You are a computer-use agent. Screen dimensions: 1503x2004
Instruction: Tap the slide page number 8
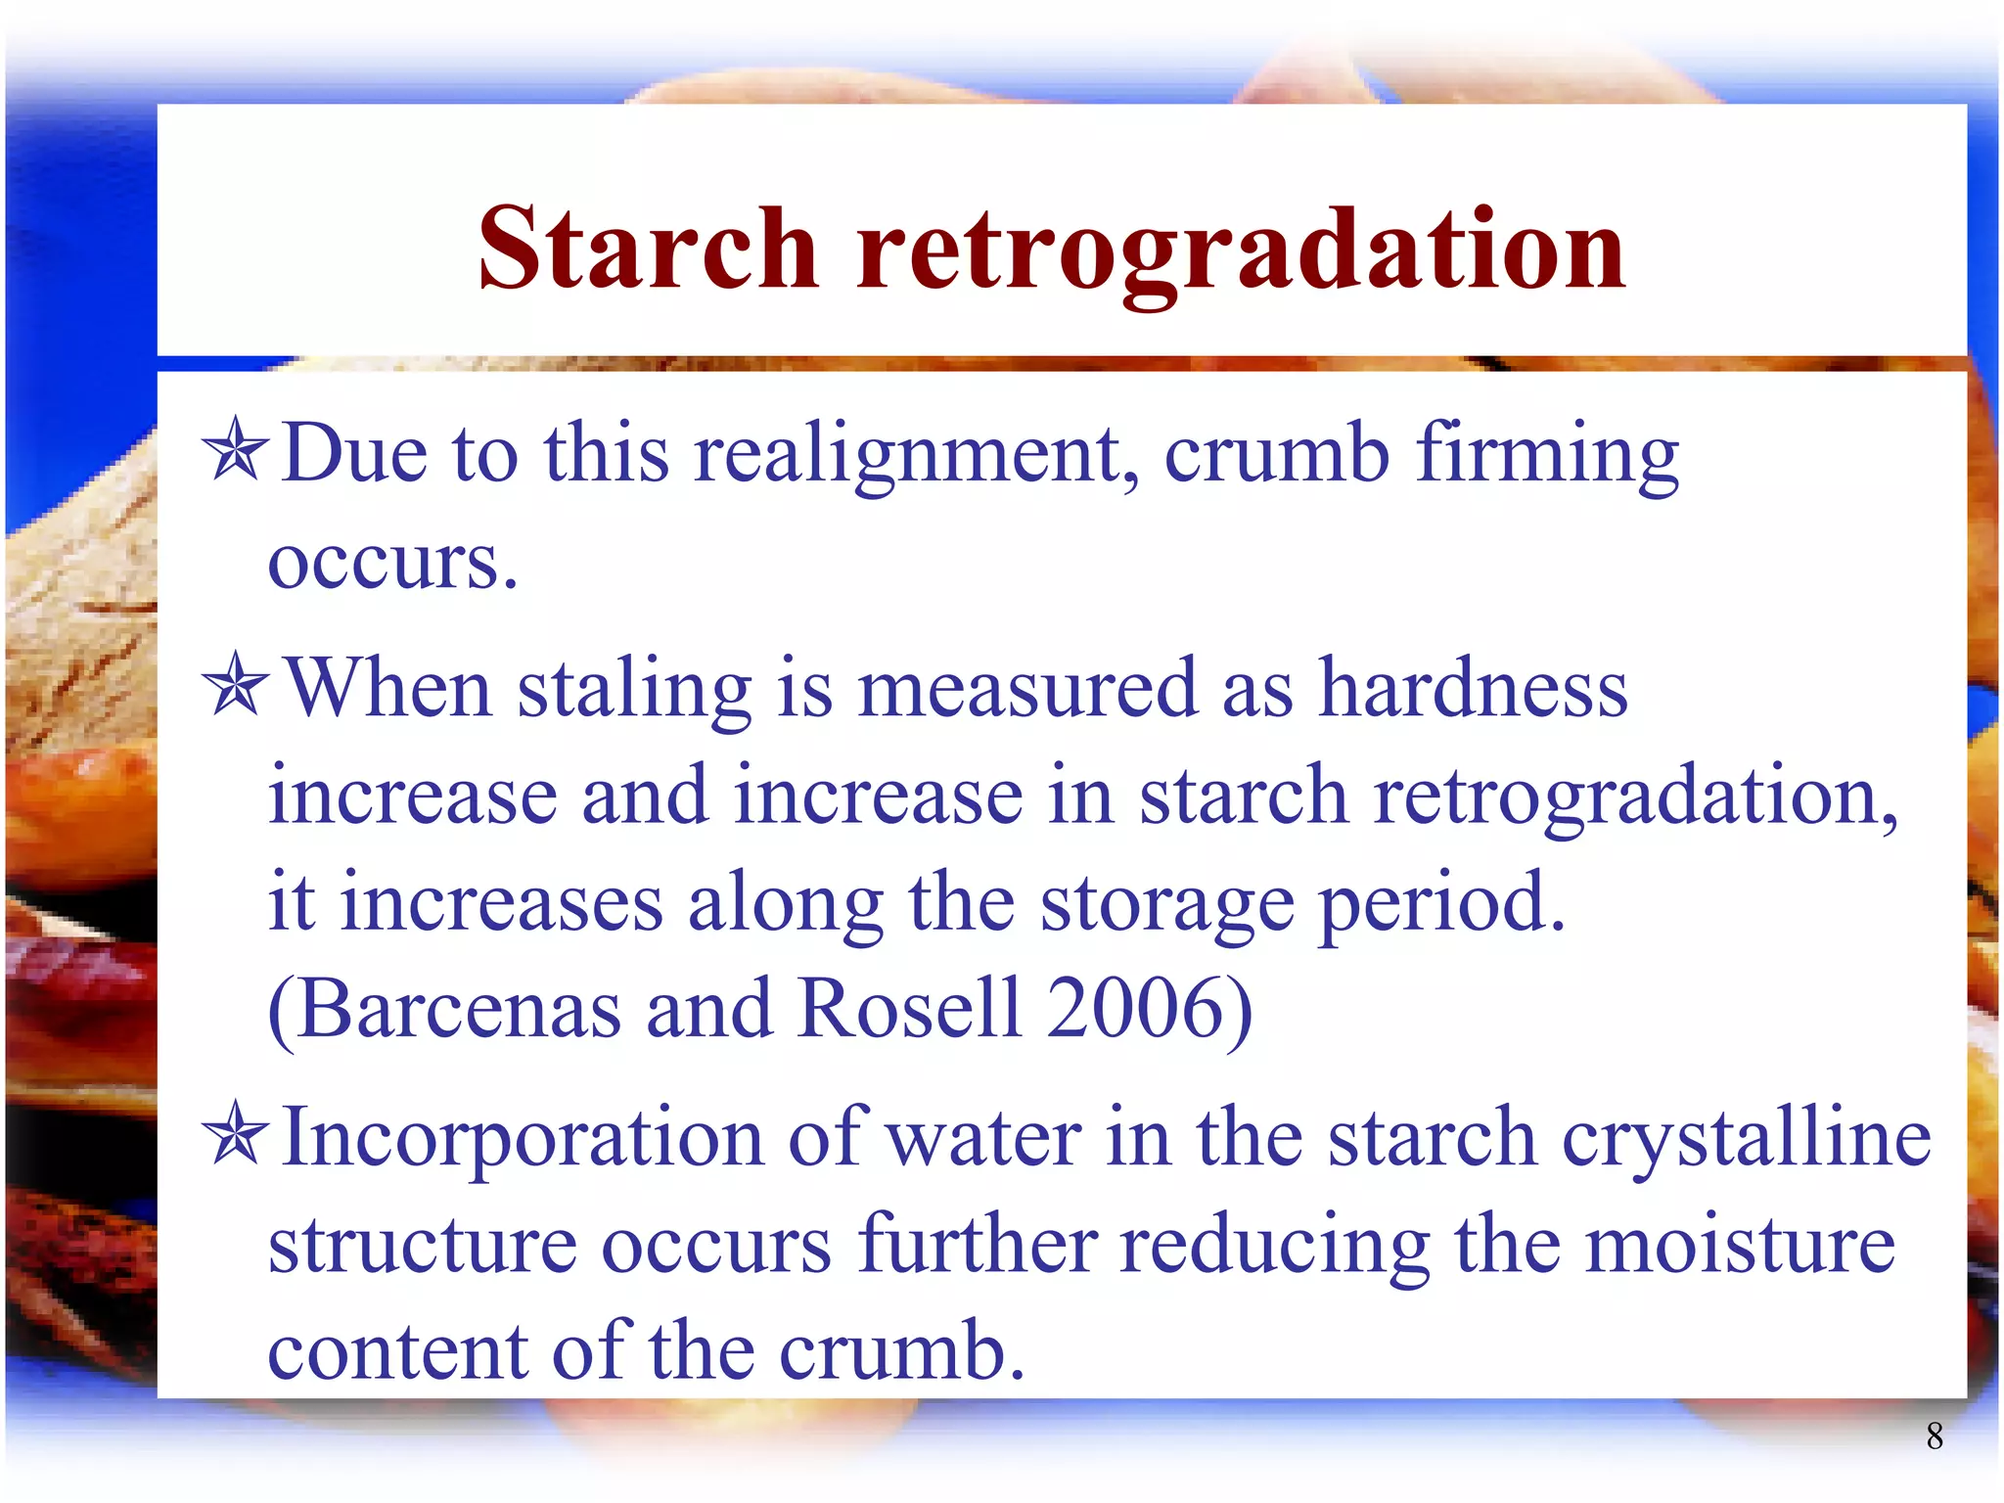pos(1934,1435)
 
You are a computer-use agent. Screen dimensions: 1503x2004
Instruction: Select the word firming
pos(1548,456)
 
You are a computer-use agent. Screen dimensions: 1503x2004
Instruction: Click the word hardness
pos(1474,689)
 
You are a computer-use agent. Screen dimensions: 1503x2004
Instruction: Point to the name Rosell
pos(910,1009)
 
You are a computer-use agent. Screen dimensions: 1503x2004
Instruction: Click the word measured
pos(1027,689)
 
